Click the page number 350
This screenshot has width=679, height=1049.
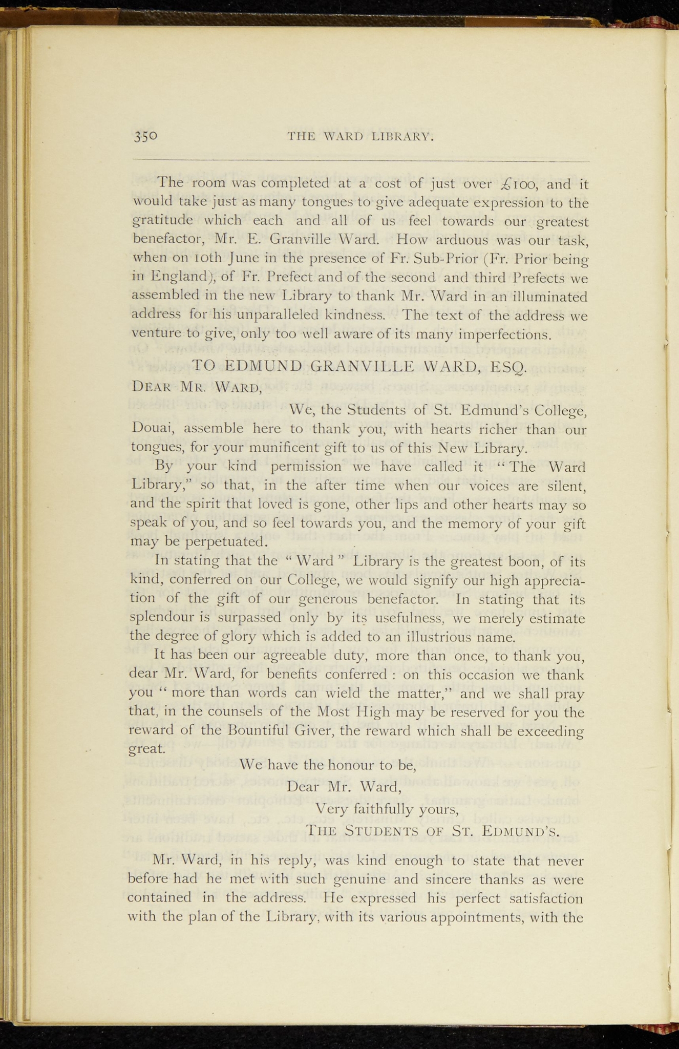tap(146, 137)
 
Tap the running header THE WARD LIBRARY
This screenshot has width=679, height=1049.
tap(361, 137)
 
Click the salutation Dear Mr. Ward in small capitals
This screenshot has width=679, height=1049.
tap(196, 387)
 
